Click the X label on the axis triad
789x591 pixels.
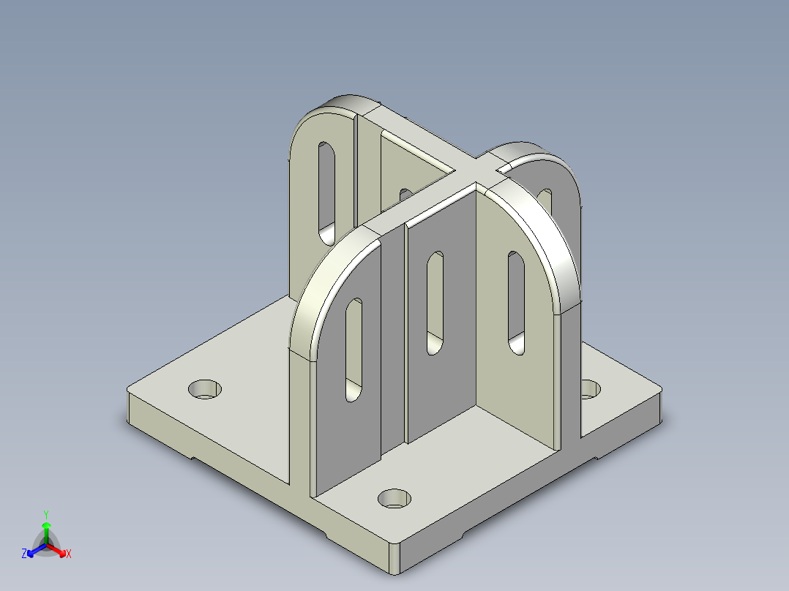(x=69, y=554)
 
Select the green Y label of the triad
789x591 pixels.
(x=45, y=514)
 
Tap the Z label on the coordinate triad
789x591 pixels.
(x=24, y=554)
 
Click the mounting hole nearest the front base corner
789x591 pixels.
(x=394, y=499)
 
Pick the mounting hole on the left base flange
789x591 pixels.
(x=205, y=389)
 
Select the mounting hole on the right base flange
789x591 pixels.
(x=590, y=389)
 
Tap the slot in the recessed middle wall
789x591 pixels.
(x=435, y=303)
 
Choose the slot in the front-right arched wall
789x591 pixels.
(x=517, y=302)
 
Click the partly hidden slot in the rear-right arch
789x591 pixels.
(x=545, y=199)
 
